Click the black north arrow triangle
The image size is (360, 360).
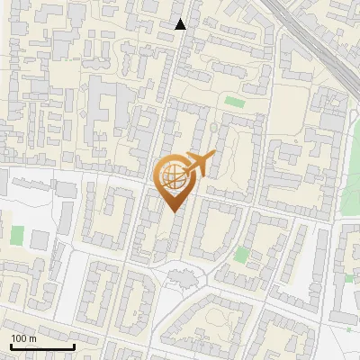181,24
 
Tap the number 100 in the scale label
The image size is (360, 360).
19,338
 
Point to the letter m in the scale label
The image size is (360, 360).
32,338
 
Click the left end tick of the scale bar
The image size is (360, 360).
11,346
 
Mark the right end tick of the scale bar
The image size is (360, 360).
74,346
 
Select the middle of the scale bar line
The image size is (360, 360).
42,347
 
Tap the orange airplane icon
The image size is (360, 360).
200,165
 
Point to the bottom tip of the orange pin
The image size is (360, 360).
173,212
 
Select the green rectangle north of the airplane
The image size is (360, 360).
235,102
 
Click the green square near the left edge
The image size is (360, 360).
17,236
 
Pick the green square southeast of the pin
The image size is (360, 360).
240,255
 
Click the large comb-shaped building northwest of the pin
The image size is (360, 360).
107,112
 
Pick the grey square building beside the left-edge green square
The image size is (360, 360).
40,240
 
